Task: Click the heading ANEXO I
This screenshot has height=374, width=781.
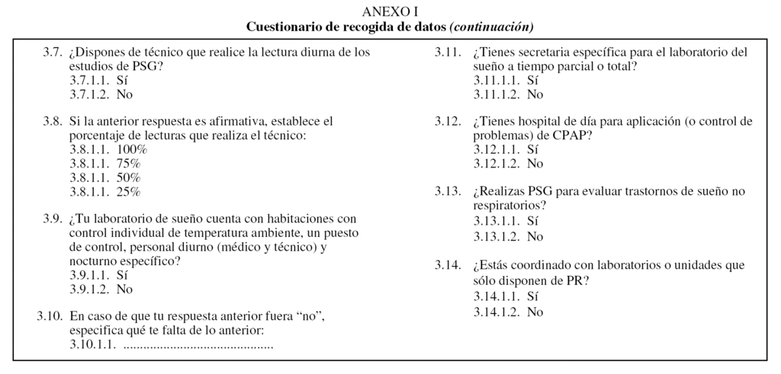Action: coord(390,11)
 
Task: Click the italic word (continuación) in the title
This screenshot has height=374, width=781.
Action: coord(491,27)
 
